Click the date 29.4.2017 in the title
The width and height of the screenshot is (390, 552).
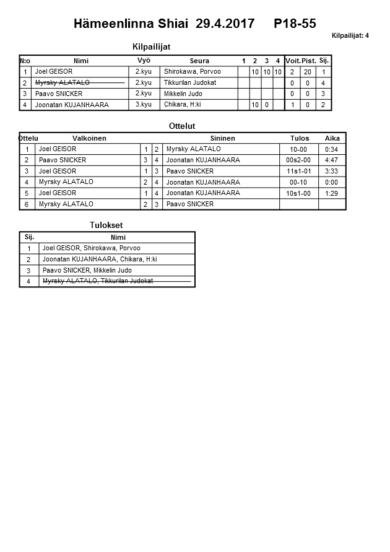225,24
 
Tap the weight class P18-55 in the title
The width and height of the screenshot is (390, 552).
295,24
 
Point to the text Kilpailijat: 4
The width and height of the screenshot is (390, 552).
350,36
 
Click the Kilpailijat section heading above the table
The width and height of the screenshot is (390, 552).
151,46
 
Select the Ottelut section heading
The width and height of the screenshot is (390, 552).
182,126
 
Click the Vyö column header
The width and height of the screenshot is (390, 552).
144,61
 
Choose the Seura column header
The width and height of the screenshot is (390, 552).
199,61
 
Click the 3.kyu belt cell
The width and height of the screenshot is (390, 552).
144,105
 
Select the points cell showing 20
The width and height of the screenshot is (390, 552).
308,72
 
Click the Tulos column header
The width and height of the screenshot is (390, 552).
300,138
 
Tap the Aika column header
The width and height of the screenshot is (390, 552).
332,138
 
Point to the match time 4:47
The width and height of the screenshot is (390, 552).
332,160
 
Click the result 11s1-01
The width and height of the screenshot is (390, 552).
298,171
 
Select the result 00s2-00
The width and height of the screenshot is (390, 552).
298,160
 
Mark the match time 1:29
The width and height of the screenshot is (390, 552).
332,193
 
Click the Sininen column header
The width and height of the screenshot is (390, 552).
222,138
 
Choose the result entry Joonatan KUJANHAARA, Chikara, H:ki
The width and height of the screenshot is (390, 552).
100,259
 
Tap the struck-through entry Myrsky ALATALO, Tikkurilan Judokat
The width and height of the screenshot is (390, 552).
98,281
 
